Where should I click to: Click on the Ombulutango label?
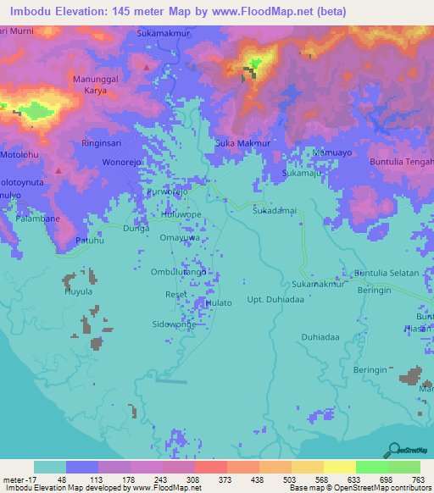179,272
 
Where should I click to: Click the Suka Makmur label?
242,143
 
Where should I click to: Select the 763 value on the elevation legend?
418,479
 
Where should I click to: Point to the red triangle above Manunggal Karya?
147,65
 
